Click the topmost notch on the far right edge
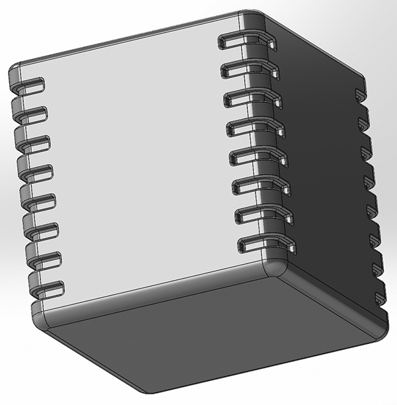click(x=361, y=93)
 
